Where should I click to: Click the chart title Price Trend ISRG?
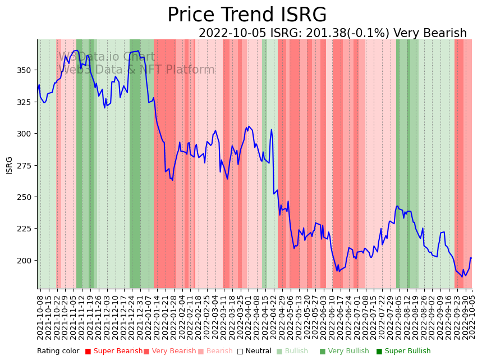(x=247, y=15)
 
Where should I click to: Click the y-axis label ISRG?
(x=9, y=165)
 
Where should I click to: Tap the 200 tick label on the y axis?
(x=26, y=261)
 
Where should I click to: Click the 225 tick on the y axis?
(x=26, y=229)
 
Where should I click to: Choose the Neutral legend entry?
(x=254, y=352)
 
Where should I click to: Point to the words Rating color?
(x=58, y=352)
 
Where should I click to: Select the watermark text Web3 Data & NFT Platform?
(x=136, y=70)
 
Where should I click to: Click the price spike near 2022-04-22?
(x=272, y=130)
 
